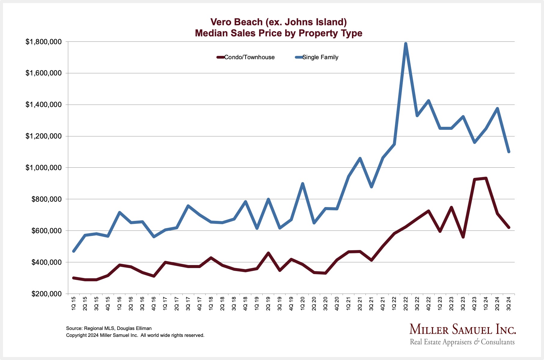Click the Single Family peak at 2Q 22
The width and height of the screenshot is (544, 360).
pyautogui.click(x=406, y=44)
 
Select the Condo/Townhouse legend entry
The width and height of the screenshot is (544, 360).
pyautogui.click(x=246, y=57)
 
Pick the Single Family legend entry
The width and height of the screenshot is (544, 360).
pyautogui.click(x=317, y=57)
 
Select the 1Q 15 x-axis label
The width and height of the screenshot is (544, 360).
pyautogui.click(x=74, y=304)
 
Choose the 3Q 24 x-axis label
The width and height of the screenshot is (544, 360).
pyautogui.click(x=509, y=304)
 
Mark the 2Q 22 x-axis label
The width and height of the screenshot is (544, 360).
pyautogui.click(x=406, y=304)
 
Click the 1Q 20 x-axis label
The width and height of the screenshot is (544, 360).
pyautogui.click(x=303, y=304)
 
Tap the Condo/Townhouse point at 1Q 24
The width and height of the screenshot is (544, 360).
pyautogui.click(x=486, y=178)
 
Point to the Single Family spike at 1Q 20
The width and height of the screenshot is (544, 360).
pyautogui.click(x=303, y=184)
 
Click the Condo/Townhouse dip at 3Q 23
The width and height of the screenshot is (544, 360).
pyautogui.click(x=463, y=237)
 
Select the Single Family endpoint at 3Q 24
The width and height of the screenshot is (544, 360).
pyautogui.click(x=509, y=152)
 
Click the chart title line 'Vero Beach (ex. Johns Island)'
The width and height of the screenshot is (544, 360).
pyautogui.click(x=278, y=22)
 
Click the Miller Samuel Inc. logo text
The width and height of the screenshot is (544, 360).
pyautogui.click(x=463, y=330)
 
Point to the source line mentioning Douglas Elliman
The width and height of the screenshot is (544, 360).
pyautogui.click(x=109, y=328)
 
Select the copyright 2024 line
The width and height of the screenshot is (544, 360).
pyautogui.click(x=135, y=335)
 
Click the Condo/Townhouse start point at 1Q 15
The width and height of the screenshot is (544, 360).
pyautogui.click(x=74, y=278)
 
